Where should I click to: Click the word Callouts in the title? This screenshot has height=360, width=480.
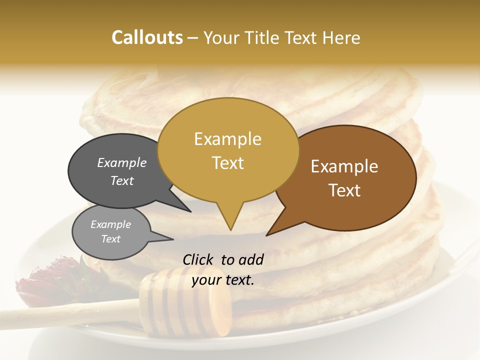pos(147,37)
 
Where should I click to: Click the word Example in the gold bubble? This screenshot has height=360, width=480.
pos(227,139)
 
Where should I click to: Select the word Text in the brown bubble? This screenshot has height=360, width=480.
pos(344,190)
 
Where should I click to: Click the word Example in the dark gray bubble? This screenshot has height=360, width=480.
pos(121,162)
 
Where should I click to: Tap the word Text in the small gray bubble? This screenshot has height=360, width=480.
pos(111,239)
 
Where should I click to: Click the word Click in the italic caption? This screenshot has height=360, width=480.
pos(199,259)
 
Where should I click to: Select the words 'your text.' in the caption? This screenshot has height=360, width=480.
pos(223,280)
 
